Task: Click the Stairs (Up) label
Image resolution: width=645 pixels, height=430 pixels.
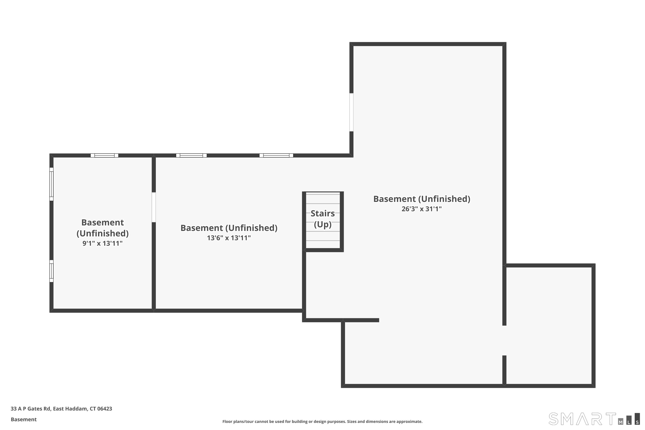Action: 322,219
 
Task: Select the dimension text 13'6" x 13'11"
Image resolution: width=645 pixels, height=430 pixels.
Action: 229,238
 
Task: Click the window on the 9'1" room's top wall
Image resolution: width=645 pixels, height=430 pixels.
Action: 104,155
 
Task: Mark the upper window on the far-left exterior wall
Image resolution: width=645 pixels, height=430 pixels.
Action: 51,184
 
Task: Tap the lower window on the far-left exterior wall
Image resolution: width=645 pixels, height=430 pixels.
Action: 51,271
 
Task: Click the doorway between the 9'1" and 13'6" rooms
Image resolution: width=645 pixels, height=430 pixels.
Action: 154,207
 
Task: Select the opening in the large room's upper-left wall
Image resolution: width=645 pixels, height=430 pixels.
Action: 351,112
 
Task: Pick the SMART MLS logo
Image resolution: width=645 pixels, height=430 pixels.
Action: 594,419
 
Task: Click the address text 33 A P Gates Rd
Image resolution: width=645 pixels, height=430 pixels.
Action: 31,409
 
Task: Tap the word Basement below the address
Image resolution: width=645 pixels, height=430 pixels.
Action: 24,419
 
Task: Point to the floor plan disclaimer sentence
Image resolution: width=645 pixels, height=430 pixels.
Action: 322,421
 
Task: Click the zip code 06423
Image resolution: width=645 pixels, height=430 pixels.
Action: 104,409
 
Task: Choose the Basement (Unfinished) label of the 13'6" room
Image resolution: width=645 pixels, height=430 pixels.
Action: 229,228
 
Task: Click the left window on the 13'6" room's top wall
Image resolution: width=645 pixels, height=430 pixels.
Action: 191,155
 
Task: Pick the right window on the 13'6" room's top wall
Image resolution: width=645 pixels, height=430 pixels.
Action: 276,155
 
